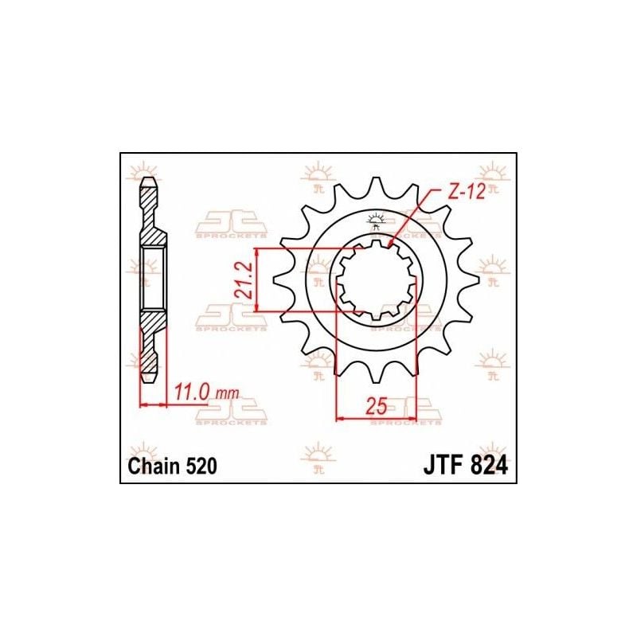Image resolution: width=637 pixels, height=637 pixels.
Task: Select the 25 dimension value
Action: point(377,406)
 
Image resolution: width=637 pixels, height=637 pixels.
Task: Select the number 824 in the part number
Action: point(486,467)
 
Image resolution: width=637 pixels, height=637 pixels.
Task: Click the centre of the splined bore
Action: point(377,279)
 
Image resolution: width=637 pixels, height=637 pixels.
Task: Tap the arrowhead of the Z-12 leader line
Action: point(390,242)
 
